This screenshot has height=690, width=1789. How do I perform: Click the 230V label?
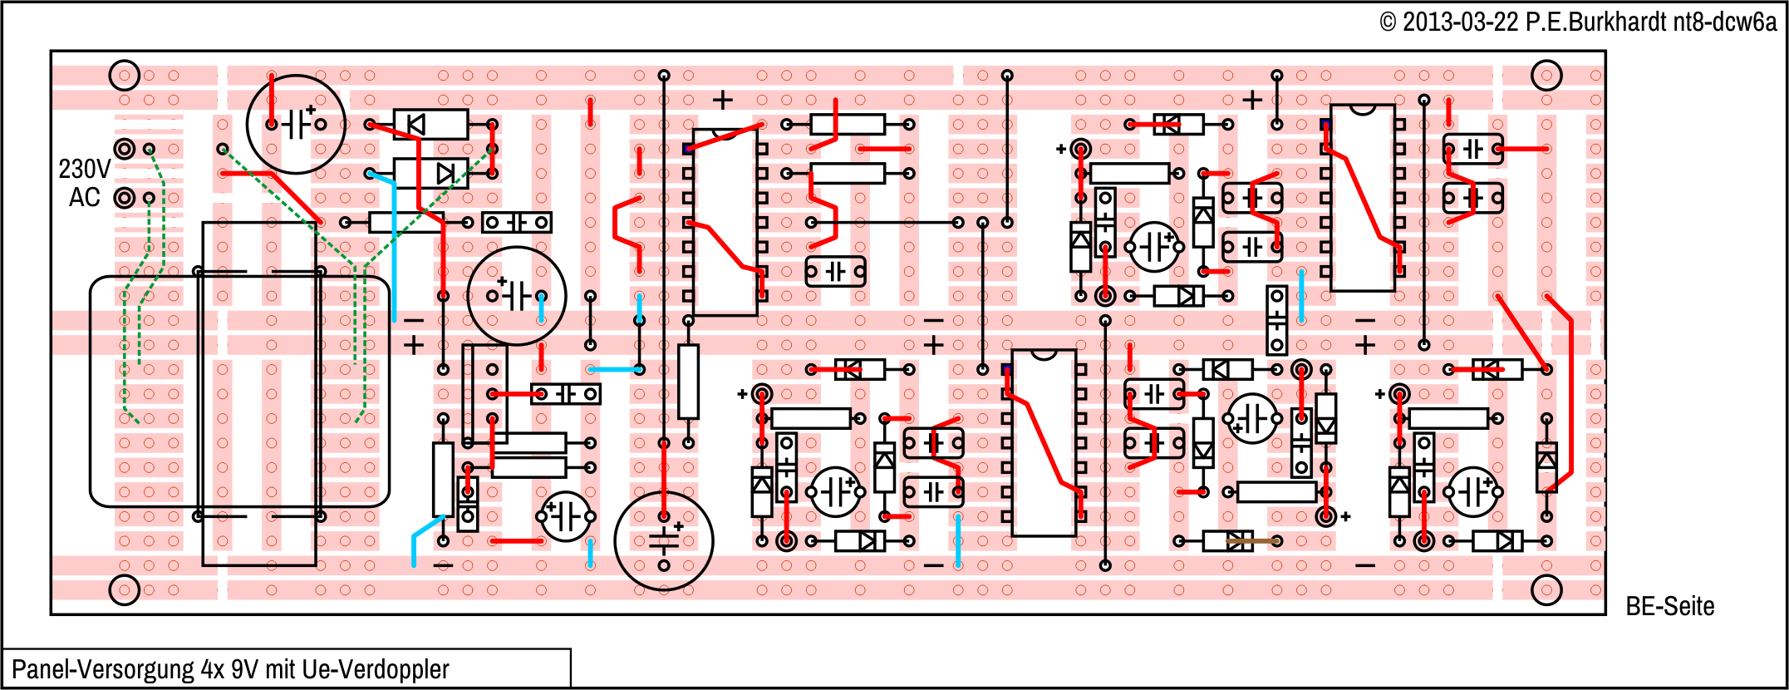(x=84, y=170)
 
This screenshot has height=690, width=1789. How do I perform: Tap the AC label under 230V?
(x=84, y=198)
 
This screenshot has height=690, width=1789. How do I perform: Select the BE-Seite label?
(x=1669, y=606)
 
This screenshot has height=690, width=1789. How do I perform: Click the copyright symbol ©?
(x=1388, y=22)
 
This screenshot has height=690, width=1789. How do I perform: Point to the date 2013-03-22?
(x=1460, y=22)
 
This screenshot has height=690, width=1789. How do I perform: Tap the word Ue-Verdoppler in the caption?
(x=376, y=669)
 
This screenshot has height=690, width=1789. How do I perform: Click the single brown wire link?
(x=1252, y=541)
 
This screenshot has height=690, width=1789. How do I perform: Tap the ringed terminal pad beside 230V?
(x=125, y=149)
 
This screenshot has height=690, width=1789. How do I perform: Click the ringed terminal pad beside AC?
(x=125, y=198)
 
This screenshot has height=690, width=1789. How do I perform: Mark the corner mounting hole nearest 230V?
(x=125, y=76)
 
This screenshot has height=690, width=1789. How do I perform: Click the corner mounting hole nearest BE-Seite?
(x=1546, y=590)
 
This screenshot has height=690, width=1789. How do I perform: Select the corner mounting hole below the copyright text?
(x=1546, y=76)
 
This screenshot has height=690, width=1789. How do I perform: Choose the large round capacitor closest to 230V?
(x=296, y=125)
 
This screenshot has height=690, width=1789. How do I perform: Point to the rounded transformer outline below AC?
(x=239, y=392)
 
